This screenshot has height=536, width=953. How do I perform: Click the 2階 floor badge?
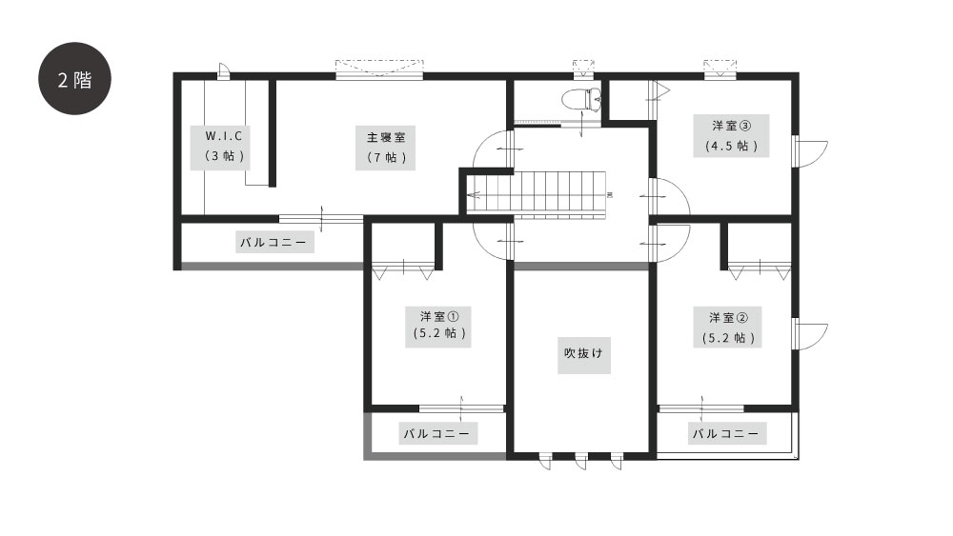(x=74, y=78)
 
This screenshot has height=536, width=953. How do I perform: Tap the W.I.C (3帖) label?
(x=220, y=147)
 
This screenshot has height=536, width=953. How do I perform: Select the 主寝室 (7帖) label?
(x=385, y=148)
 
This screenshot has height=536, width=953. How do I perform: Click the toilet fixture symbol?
(x=581, y=98)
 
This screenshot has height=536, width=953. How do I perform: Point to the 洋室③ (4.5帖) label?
(x=731, y=135)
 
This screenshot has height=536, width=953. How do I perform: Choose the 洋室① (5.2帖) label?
(x=438, y=326)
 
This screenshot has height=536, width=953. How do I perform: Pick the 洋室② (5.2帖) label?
(x=727, y=328)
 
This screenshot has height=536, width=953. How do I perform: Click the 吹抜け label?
(x=583, y=354)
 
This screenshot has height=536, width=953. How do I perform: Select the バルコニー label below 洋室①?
(x=437, y=433)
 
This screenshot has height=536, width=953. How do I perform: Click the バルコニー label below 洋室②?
(x=726, y=433)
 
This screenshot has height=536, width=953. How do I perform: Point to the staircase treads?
(x=560, y=192)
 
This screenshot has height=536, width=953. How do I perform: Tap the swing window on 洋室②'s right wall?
(x=811, y=334)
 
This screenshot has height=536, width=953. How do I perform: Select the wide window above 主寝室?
(x=380, y=69)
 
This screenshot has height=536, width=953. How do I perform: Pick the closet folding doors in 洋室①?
(x=403, y=270)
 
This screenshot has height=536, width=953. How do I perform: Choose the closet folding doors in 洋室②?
(x=760, y=269)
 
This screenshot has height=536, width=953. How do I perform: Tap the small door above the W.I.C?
(x=223, y=71)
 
